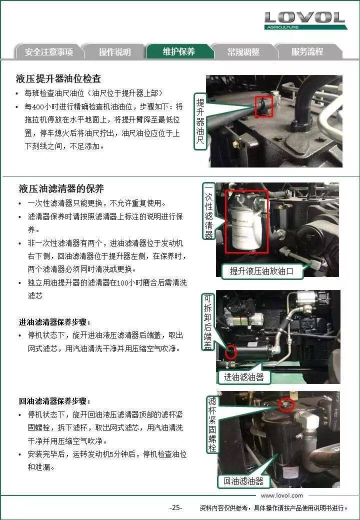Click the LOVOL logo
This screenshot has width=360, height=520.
point(305,20)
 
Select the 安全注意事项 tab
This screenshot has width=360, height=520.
point(49,51)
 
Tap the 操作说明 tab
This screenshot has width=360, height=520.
point(114,51)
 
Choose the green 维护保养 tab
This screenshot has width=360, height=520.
point(179,51)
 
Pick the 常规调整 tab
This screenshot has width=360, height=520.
point(243,51)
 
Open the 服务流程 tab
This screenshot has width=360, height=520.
point(307,51)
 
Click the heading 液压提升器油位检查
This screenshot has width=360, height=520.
point(58,78)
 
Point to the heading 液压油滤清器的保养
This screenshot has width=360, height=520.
point(61,188)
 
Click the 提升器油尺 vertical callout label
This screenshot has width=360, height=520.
point(200,121)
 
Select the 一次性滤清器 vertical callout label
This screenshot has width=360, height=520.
point(208,210)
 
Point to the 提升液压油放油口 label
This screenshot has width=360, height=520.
point(261,271)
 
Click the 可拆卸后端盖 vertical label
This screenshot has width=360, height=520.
point(207,321)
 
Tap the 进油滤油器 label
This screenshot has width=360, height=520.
point(243,377)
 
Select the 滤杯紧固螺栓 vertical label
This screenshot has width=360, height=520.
point(212,424)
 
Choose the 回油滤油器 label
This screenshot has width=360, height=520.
point(243,481)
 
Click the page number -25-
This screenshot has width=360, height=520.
point(175,507)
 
